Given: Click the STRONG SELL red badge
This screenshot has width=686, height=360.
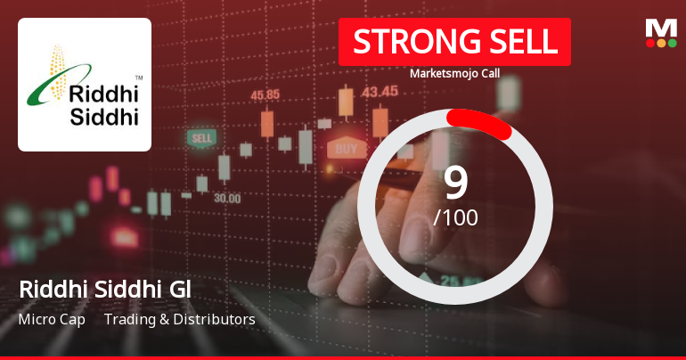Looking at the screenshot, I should (x=454, y=42).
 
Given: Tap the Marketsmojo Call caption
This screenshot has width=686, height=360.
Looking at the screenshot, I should (x=454, y=73).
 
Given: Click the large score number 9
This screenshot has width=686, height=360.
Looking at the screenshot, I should (x=455, y=183).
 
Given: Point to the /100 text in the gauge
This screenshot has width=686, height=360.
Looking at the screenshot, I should (x=455, y=217).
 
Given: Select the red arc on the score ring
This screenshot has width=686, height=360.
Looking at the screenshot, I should (x=480, y=124).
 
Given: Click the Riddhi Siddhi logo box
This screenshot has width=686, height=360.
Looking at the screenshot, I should (x=85, y=85).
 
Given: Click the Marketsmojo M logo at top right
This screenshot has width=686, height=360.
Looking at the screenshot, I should (x=660, y=32).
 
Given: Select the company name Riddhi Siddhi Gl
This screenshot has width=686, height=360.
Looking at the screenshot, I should (x=105, y=290).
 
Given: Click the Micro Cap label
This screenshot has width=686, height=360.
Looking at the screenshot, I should (x=52, y=319).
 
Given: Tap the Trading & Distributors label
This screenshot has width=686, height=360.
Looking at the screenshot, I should (x=179, y=319).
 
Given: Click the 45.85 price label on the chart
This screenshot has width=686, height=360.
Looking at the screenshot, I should (x=266, y=94).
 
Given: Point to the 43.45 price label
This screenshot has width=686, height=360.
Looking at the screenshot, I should (x=380, y=91).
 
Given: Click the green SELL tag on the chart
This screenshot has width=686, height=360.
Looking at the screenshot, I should (x=202, y=138).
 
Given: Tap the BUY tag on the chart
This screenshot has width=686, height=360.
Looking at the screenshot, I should (x=347, y=148).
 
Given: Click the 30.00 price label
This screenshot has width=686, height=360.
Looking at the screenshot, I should (x=226, y=198).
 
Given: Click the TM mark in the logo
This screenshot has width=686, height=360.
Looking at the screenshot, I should (x=138, y=78).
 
